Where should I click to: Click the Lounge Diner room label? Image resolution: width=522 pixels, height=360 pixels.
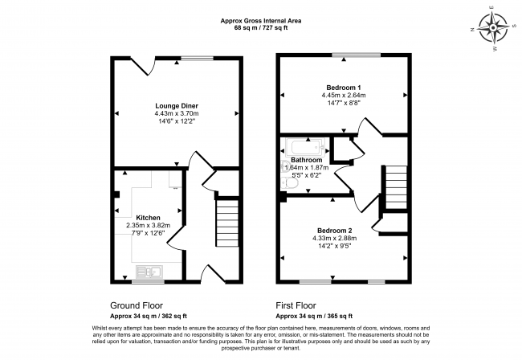[177, 106]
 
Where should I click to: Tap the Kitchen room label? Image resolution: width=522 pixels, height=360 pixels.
[148, 218]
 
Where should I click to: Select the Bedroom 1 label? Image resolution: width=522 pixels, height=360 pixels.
[343, 88]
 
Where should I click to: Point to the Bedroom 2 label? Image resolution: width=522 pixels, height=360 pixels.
[335, 231]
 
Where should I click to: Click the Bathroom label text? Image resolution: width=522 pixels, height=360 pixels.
[306, 160]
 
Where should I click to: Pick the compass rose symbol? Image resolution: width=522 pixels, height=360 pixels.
[493, 28]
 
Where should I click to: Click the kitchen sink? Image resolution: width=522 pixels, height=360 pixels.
[149, 272]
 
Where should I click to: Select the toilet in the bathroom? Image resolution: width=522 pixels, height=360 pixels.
[288, 183]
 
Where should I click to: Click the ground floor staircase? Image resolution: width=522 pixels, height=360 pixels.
[228, 223]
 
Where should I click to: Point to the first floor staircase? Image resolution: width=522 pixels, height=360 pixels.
[396, 187]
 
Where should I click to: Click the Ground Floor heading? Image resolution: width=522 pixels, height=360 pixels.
[137, 305]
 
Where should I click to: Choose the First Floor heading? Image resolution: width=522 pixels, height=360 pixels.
[296, 305]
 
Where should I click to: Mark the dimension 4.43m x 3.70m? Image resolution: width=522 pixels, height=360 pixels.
[177, 113]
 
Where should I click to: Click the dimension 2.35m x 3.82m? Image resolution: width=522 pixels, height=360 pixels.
[148, 226]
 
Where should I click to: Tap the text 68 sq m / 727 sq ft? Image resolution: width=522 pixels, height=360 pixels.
[261, 28]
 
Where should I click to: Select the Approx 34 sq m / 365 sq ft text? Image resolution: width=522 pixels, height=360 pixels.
[314, 316]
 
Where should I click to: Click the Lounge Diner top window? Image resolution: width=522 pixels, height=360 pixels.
[197, 59]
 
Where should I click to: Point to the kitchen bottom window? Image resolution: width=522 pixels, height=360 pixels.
[148, 282]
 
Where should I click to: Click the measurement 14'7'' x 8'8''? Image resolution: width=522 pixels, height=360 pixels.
[344, 103]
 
